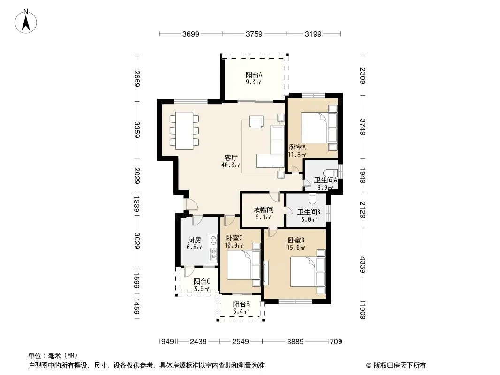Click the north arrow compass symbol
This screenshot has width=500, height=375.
pyautogui.click(x=26, y=22)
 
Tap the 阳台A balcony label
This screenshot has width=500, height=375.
pyautogui.click(x=254, y=75)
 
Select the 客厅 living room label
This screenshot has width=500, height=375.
pyautogui.click(x=231, y=157)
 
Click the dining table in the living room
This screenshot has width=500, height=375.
pyautogui.click(x=184, y=130)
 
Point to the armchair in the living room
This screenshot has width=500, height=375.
pyautogui.click(x=257, y=122)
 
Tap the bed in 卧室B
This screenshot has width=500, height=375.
pyautogui.click(x=308, y=271)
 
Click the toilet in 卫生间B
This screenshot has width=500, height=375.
pyautogui.click(x=312, y=198)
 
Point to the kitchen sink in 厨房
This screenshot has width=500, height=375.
pyautogui.click(x=213, y=240)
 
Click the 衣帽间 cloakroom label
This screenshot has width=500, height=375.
pyautogui.click(x=264, y=210)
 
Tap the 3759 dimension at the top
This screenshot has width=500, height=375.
pyautogui.click(x=254, y=34)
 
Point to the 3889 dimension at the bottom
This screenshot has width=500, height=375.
pyautogui.click(x=295, y=342)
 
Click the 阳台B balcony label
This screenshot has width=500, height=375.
pyautogui.click(x=241, y=304)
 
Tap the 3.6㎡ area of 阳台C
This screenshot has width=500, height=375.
pyautogui.click(x=202, y=289)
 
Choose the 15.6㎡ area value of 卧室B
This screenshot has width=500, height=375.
pyautogui.click(x=296, y=247)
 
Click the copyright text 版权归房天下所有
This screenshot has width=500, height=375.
pyautogui.click(x=400, y=366)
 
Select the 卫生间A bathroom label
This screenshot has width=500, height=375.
pyautogui.click(x=326, y=180)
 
